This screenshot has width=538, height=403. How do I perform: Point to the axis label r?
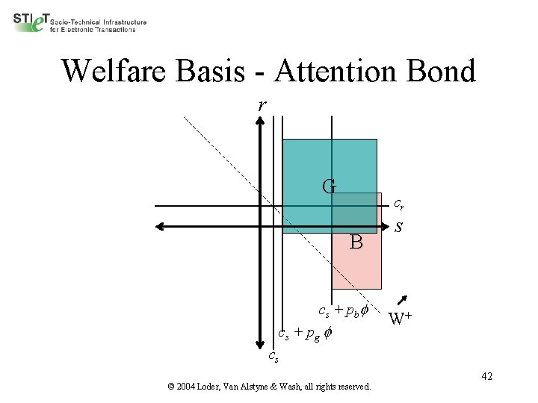coord(261,105)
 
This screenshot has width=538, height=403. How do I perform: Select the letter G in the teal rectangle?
coord(329,186)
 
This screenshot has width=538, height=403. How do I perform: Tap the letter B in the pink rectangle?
coord(356,243)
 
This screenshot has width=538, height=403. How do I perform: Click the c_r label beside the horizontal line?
coord(400,202)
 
